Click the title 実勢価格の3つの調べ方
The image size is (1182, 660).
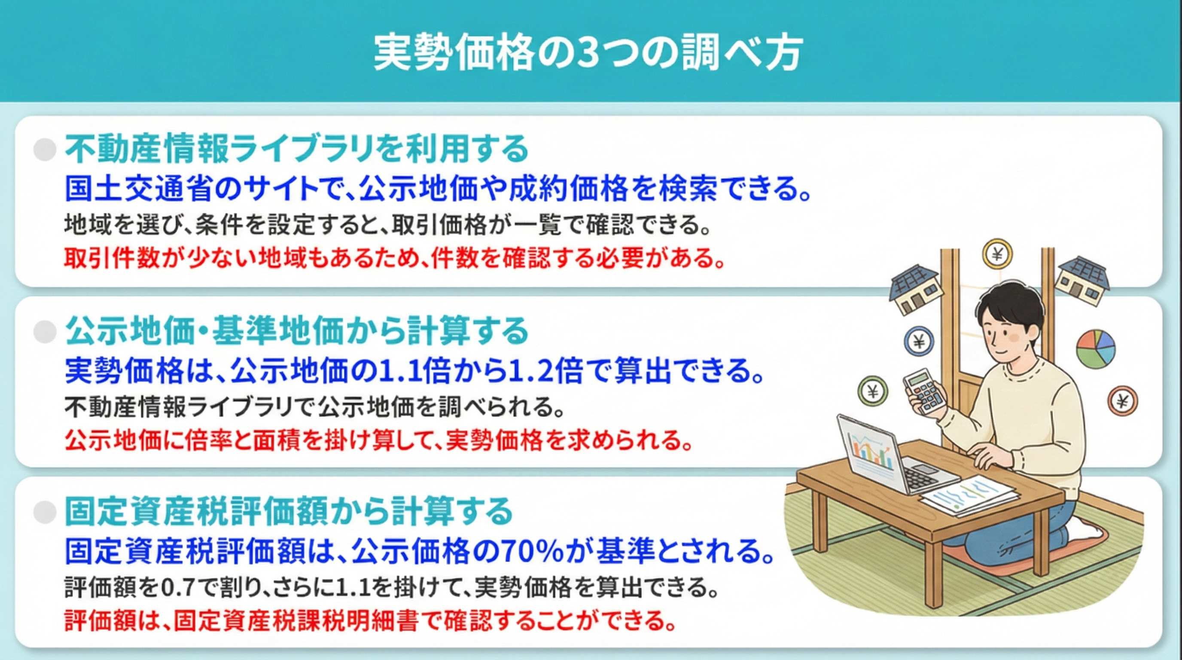coord(588,52)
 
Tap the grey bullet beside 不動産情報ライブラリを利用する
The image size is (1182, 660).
coord(45,149)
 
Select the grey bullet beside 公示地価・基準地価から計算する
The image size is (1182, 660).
coord(45,331)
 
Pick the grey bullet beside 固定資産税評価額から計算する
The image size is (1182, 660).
coord(45,512)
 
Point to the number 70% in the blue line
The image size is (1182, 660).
coord(533,551)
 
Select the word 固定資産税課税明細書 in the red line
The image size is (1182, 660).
coord(296,620)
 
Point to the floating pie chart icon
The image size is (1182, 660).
coord(1095,348)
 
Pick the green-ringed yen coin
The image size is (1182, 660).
coord(873,391)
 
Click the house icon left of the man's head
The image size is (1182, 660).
coord(913,290)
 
